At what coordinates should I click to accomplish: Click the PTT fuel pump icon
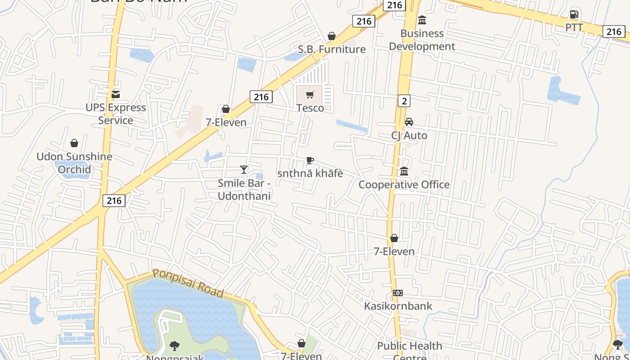tap(574, 14)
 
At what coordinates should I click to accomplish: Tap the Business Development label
tap(422, 40)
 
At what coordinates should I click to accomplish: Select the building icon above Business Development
tap(422, 20)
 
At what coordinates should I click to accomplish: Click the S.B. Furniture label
tap(332, 49)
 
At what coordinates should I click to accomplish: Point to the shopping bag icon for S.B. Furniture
tap(332, 36)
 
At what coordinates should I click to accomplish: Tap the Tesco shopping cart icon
tap(310, 95)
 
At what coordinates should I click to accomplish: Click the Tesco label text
tap(310, 108)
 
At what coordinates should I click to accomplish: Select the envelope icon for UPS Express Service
tap(116, 94)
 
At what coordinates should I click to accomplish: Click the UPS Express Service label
tap(116, 114)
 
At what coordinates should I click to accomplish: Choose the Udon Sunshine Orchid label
tap(74, 163)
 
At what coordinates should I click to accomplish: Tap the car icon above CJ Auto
tap(409, 122)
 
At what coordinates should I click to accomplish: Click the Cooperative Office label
tap(404, 184)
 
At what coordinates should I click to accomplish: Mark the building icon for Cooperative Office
tap(404, 171)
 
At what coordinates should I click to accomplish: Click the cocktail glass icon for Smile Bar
tap(244, 170)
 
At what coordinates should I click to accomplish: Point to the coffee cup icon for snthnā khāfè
tap(310, 160)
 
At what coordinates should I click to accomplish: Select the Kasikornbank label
tap(398, 306)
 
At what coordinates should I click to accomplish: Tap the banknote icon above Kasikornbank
tap(397, 293)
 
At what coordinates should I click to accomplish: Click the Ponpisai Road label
tap(188, 283)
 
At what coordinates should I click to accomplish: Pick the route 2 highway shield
tap(404, 101)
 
